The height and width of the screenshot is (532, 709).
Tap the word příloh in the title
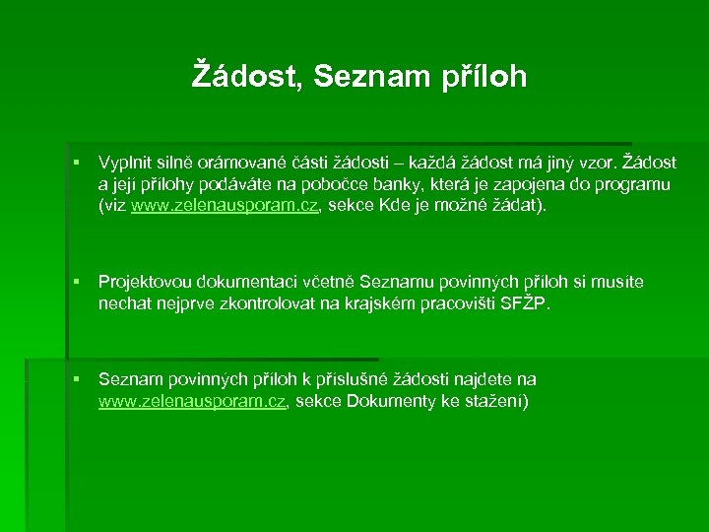pyautogui.click(x=483, y=76)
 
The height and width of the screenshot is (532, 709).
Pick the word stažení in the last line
pyautogui.click(x=496, y=401)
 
